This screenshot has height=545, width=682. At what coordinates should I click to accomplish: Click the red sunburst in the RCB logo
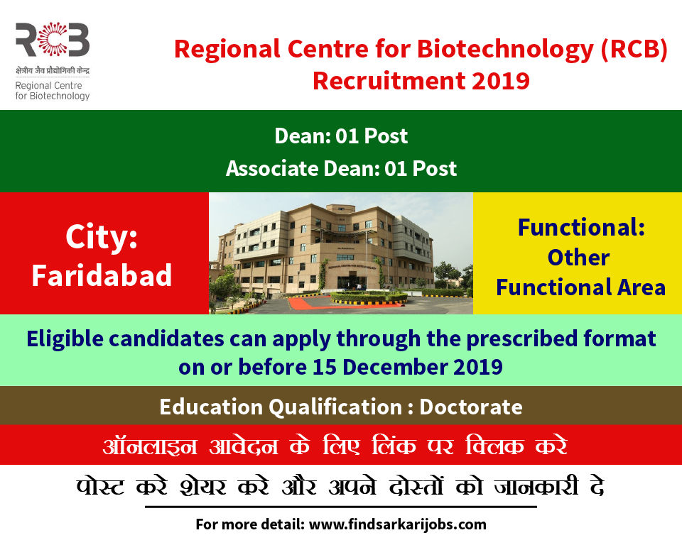point(52,40)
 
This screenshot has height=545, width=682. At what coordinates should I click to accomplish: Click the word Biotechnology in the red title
point(505,50)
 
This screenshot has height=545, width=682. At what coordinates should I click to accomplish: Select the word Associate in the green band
point(272,169)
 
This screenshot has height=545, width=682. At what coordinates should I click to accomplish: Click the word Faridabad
point(102,275)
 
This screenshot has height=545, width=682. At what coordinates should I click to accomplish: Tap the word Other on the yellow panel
point(578,258)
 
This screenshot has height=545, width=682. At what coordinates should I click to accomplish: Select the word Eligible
point(65,339)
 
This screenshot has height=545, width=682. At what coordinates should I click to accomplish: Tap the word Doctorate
point(471,407)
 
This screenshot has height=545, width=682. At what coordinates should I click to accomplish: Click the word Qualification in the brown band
point(335,407)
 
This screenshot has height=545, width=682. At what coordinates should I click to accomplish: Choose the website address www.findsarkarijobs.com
point(398,524)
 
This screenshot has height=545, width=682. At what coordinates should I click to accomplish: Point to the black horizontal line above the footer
point(341,507)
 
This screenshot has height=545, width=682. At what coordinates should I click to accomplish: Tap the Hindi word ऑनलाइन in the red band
point(150,446)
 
